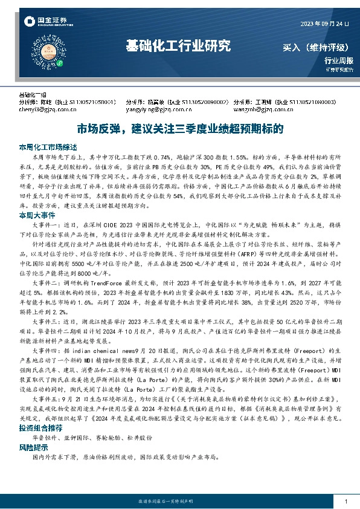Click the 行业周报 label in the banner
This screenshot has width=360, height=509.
point(338,60)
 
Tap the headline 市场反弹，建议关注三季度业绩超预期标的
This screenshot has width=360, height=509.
point(180,129)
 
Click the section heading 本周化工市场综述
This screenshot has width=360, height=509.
point(48,147)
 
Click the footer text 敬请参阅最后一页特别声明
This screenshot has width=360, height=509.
point(180,502)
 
